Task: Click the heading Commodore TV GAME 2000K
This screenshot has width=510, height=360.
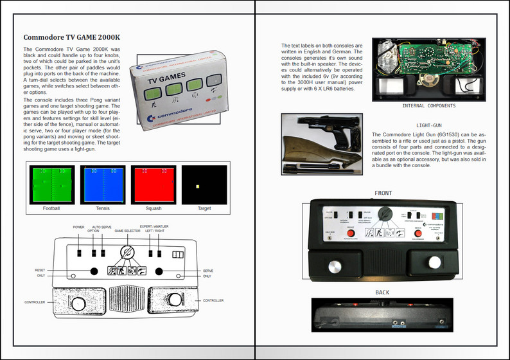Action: (x=71, y=37)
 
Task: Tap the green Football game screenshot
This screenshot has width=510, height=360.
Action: (x=52, y=184)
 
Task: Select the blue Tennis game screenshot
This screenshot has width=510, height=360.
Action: (x=102, y=184)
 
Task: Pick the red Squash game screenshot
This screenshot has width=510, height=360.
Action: (x=153, y=184)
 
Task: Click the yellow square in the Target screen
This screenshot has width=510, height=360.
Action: (x=198, y=186)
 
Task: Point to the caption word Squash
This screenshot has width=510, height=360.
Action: (x=153, y=208)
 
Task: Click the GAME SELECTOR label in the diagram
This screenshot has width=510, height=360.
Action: (x=128, y=230)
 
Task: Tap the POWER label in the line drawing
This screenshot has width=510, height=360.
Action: (x=78, y=227)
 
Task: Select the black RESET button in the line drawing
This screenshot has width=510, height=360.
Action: (x=94, y=271)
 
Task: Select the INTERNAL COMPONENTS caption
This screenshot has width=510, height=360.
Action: (x=430, y=106)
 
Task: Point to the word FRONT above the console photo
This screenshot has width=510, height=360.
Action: (x=383, y=193)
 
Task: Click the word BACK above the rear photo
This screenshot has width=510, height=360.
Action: (x=382, y=292)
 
